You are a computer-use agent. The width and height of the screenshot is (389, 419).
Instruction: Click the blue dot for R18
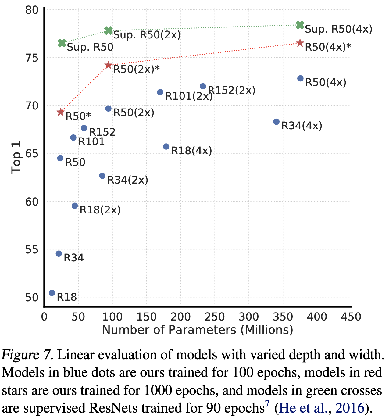[x=52, y=293]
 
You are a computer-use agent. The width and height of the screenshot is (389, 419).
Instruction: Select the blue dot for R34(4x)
[x=277, y=122]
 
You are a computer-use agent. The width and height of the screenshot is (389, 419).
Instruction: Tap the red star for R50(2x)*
[x=108, y=65]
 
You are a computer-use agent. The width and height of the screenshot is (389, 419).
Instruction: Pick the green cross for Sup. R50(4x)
[x=300, y=25]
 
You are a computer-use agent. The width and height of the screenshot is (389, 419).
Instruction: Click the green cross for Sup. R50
[x=62, y=43]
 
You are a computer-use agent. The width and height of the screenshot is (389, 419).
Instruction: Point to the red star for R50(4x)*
[x=300, y=43]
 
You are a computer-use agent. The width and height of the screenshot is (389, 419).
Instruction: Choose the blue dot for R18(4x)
[x=166, y=147]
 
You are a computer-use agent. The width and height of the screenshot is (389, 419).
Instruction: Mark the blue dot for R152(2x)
[x=203, y=86]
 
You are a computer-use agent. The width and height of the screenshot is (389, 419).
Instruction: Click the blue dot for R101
[x=73, y=138]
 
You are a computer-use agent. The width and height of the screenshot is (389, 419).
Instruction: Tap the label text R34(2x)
[x=128, y=180]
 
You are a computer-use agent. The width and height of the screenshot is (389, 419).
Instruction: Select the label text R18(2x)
[x=100, y=210]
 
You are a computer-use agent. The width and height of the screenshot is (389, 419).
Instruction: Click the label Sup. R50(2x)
[x=147, y=35]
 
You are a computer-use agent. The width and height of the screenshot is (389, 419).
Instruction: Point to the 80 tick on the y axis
[x=31, y=10]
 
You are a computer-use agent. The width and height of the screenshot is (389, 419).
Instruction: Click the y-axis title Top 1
[x=16, y=157]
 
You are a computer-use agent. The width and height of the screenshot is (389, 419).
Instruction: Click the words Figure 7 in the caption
[x=27, y=355]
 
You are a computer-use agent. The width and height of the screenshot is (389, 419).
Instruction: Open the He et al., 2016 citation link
[x=321, y=408]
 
